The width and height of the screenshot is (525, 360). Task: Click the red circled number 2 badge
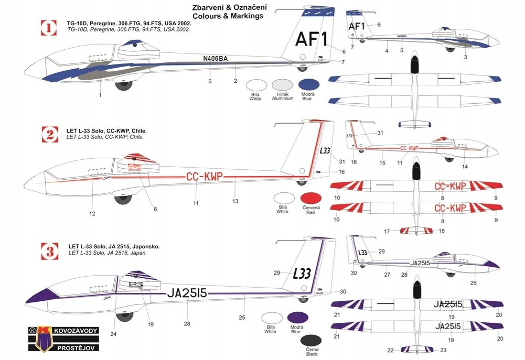49,135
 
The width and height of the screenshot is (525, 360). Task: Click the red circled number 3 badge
49,250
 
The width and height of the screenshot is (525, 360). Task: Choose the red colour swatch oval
310,199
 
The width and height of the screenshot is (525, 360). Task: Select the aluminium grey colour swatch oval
283,86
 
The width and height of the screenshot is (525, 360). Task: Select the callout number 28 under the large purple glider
187,318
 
